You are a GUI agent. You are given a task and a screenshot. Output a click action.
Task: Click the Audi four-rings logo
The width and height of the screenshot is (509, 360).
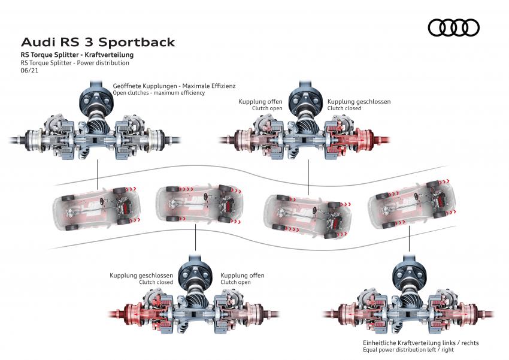click(454, 27)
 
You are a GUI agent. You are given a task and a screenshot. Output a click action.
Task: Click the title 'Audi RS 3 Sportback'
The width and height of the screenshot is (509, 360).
click(98, 43)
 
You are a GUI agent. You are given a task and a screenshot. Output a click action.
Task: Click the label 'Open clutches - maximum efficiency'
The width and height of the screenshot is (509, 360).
click(159, 93)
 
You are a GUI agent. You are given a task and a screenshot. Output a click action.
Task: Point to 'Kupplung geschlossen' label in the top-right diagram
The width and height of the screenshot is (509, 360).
click(359, 102)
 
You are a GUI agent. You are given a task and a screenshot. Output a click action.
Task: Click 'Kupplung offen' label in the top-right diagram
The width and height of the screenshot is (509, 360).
click(260, 102)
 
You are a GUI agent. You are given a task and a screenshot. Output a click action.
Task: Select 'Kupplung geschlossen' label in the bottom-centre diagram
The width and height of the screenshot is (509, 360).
click(141, 276)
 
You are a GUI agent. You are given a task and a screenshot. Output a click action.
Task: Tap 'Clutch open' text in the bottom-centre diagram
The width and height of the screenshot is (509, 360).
click(235, 282)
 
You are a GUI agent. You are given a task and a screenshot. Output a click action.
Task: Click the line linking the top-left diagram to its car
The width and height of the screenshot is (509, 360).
click(97, 174)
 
